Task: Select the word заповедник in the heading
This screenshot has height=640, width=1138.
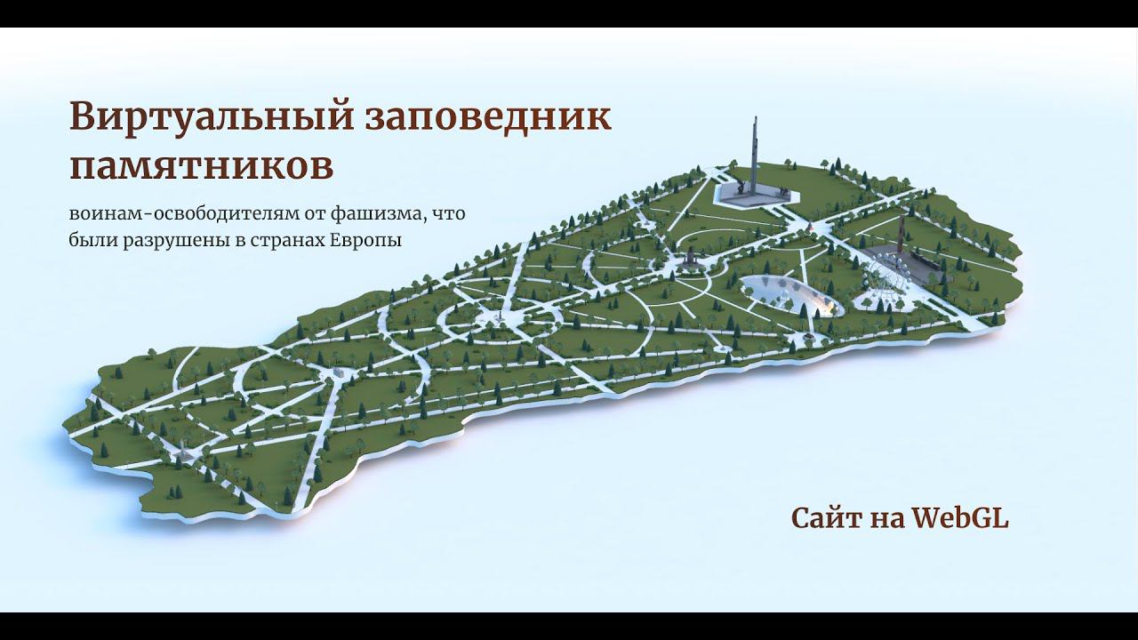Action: (x=488, y=118)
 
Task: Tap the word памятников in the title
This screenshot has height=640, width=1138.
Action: (x=202, y=164)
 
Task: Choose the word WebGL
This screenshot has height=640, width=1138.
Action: (x=960, y=519)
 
